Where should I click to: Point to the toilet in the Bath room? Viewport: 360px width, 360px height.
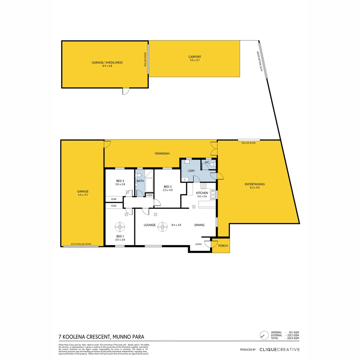click(x=139, y=175)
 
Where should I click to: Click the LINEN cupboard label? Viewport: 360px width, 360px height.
click(x=149, y=195)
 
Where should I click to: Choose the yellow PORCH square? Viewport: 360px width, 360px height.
click(x=223, y=246)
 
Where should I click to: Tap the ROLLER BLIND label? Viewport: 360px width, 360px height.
click(x=248, y=143)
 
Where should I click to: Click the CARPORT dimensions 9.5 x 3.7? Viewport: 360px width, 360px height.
click(x=195, y=61)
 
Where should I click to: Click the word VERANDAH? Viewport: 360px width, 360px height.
click(x=162, y=154)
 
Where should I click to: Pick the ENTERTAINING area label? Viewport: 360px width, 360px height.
click(x=254, y=184)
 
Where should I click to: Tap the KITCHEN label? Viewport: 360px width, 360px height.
click(x=202, y=193)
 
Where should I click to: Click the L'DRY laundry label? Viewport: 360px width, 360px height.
click(x=191, y=171)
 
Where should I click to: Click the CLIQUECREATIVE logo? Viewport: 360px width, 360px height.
click(x=279, y=350)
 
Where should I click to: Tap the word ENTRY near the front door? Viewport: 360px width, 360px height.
click(x=199, y=244)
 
